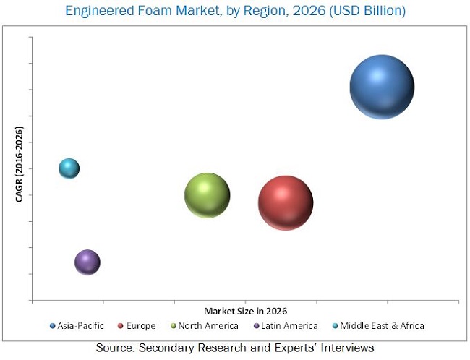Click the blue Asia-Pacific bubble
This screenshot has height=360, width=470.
coord(382,87)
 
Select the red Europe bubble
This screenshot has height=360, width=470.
coord(286,203)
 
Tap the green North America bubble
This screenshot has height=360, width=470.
coord(208,195)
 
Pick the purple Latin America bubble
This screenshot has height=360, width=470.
coord(87,262)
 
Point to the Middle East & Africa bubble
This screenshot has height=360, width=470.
coord(69,168)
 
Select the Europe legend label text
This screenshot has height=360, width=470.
coord(141,326)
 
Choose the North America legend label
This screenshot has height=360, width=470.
coord(209,326)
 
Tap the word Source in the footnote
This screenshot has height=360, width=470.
coord(116,348)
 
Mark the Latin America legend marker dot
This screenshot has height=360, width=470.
coord(257,326)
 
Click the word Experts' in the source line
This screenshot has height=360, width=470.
coord(292,348)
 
